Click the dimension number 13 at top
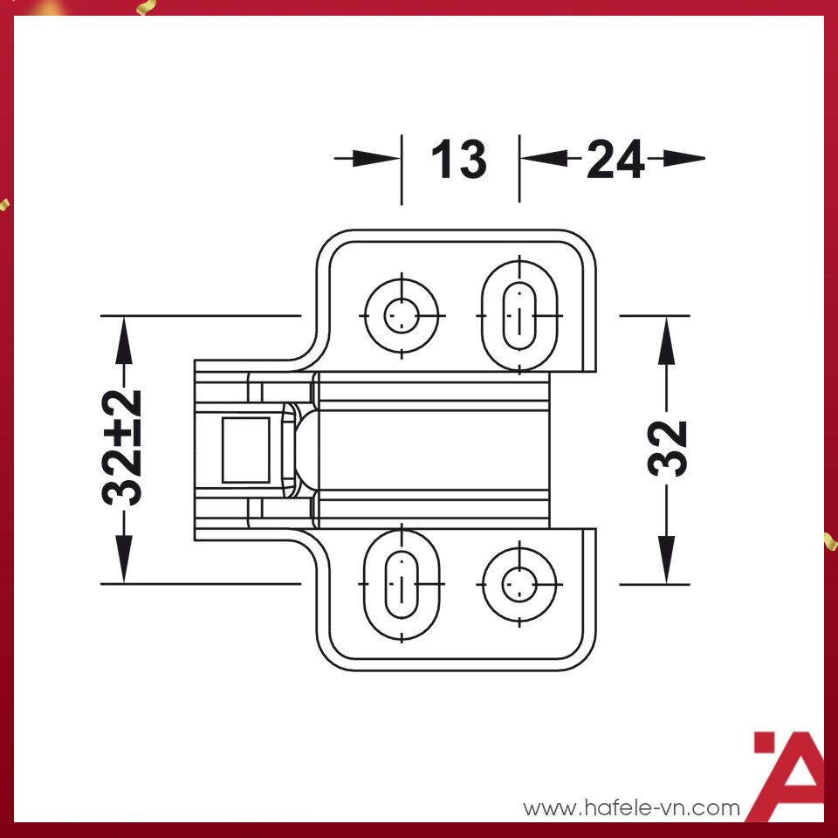(x=458, y=160)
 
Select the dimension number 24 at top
(x=615, y=160)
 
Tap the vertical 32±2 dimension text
(x=123, y=448)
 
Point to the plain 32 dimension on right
(x=669, y=448)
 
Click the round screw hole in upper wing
(x=402, y=314)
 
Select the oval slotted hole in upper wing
(x=520, y=314)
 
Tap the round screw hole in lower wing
(x=520, y=583)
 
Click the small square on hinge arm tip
(x=246, y=450)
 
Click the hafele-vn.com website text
(x=631, y=808)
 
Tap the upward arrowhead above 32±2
(x=124, y=335)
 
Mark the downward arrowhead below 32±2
(x=124, y=560)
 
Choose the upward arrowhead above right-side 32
(x=668, y=336)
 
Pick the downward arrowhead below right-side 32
(x=668, y=560)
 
